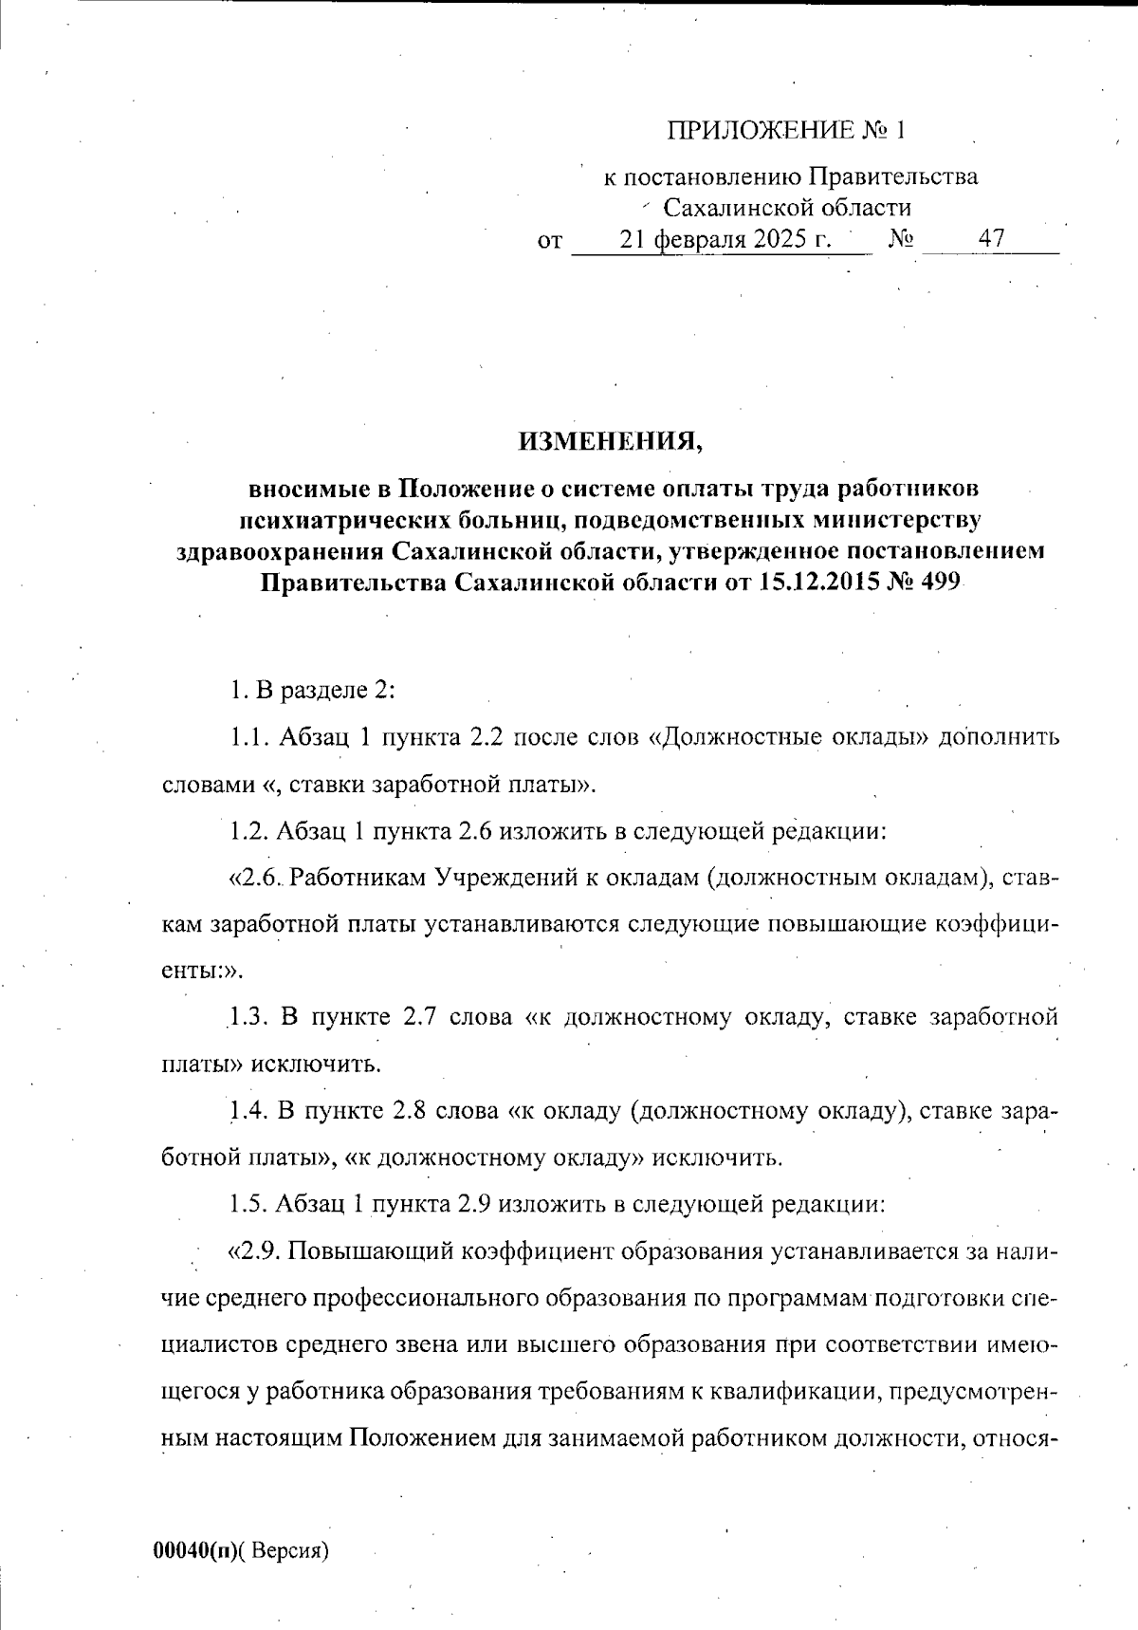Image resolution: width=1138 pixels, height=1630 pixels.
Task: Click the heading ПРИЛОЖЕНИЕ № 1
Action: (787, 130)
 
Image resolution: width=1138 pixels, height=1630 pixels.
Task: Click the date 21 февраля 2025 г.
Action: (725, 239)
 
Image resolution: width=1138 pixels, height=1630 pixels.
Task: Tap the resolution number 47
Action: (992, 239)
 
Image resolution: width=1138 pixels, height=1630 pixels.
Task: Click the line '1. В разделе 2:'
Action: (312, 690)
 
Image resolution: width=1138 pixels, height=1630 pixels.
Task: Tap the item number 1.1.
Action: (248, 737)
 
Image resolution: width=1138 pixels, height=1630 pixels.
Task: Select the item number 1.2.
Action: (248, 831)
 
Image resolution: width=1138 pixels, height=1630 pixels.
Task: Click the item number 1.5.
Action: (248, 1204)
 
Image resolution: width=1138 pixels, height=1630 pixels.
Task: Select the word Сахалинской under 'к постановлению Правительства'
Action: (725, 208)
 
